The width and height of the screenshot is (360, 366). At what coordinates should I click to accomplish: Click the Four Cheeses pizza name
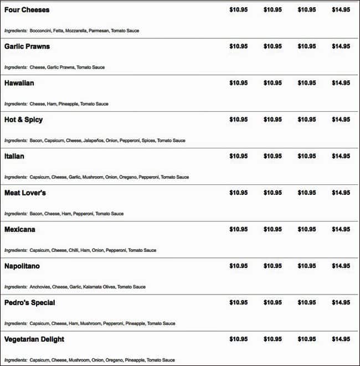pyautogui.click(x=27, y=10)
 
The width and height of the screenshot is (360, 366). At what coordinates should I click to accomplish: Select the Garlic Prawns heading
pyautogui.click(x=27, y=47)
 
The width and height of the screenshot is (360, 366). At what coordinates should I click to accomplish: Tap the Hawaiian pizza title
pyautogui.click(x=19, y=83)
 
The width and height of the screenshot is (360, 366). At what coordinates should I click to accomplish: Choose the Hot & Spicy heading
pyautogui.click(x=23, y=120)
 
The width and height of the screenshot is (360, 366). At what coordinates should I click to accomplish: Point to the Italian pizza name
pyautogui.click(x=14, y=156)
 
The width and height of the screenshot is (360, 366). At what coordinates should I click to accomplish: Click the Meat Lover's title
pyautogui.click(x=25, y=193)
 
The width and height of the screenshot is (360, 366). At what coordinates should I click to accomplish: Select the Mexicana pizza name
pyautogui.click(x=20, y=229)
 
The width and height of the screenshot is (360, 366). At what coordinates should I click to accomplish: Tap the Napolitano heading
pyautogui.click(x=22, y=266)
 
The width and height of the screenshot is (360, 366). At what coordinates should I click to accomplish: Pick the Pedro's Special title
pyautogui.click(x=30, y=302)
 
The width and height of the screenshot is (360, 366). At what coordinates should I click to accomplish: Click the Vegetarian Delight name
pyautogui.click(x=34, y=339)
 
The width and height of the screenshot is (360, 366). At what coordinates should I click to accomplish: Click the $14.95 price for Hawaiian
pyautogui.click(x=341, y=83)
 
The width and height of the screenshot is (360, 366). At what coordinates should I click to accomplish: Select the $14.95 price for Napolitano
pyautogui.click(x=341, y=266)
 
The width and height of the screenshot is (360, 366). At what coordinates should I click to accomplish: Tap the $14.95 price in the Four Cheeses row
pyautogui.click(x=341, y=10)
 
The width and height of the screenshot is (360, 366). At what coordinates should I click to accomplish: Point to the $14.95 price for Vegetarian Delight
pyautogui.click(x=341, y=339)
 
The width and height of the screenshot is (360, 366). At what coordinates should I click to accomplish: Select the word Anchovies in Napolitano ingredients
pyautogui.click(x=40, y=287)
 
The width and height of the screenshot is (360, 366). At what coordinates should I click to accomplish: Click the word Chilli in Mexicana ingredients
pyautogui.click(x=73, y=250)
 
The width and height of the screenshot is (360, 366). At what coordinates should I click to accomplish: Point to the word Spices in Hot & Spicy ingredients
pyautogui.click(x=148, y=141)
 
